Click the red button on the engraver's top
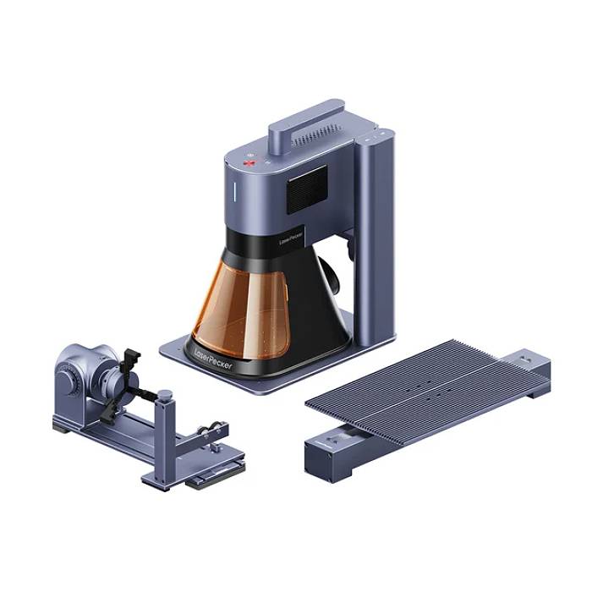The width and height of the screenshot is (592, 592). [x=249, y=163]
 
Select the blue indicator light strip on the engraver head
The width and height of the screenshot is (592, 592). [x=234, y=191]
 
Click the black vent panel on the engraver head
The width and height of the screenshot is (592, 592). [x=306, y=189]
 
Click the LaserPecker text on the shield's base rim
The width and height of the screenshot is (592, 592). [x=213, y=359]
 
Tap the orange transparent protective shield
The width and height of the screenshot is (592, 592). [x=242, y=310]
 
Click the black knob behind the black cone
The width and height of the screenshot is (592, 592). [x=329, y=276]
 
